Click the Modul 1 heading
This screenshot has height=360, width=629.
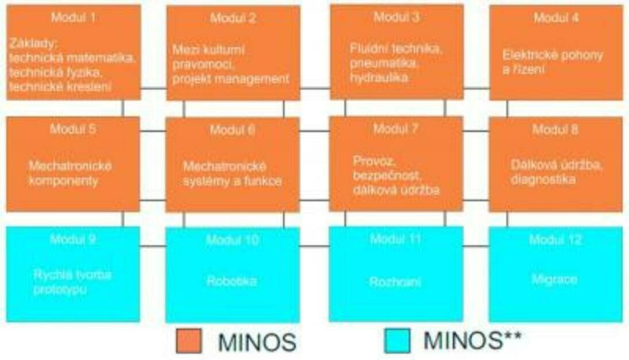73,17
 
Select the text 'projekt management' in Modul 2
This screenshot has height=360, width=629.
230,79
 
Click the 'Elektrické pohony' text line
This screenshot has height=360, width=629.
553,55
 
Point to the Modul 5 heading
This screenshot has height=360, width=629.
73,129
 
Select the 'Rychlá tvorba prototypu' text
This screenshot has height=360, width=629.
72,282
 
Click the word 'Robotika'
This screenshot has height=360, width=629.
231,281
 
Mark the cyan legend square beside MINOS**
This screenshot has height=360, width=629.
397,340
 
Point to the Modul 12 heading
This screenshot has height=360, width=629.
555,239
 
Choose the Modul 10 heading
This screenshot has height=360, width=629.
232,239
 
